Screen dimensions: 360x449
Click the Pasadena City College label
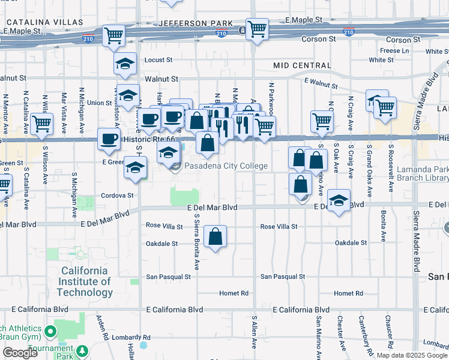[225, 166]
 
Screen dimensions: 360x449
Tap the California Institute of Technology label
[85, 281]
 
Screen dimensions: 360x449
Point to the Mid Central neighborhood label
[302, 65]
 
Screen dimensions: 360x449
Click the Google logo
[20, 353]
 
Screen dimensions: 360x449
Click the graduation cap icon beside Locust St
[125, 63]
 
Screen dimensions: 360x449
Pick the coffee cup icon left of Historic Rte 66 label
[109, 139]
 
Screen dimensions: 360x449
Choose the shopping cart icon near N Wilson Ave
[41, 124]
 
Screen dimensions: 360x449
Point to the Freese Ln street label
[394, 51]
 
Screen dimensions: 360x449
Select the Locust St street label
[158, 60]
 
